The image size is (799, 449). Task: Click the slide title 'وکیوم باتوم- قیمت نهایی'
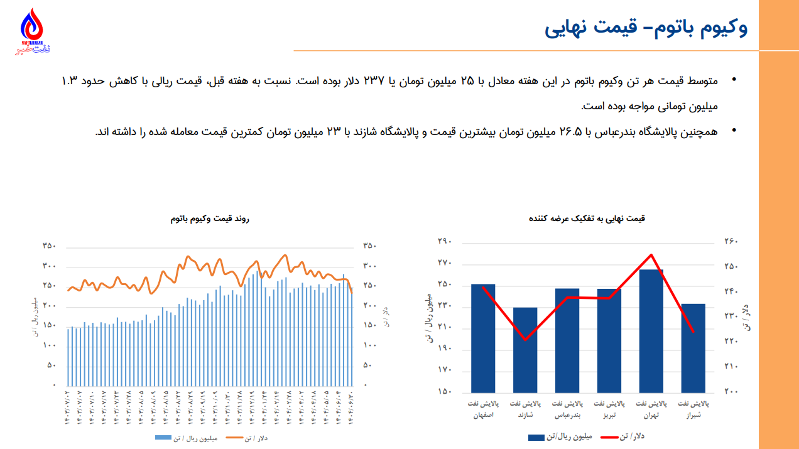pyautogui.click(x=646, y=28)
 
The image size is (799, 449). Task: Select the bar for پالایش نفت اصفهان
pyautogui.click(x=483, y=338)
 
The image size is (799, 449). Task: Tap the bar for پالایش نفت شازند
pyautogui.click(x=525, y=349)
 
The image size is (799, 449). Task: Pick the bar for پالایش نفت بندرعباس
pyautogui.click(x=567, y=340)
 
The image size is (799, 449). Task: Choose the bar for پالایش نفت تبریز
pyautogui.click(x=609, y=340)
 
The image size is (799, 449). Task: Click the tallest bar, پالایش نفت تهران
pyautogui.click(x=651, y=330)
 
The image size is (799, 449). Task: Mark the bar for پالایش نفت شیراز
pyautogui.click(x=693, y=348)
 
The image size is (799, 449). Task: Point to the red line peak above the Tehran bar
pyautogui.click(x=651, y=254)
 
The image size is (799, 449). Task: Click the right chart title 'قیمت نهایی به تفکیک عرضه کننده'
pyautogui.click(x=587, y=219)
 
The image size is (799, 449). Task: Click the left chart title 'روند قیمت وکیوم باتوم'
pyautogui.click(x=210, y=219)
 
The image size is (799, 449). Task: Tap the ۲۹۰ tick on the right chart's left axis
pyautogui.click(x=445, y=241)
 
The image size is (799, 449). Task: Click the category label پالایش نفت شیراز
pyautogui.click(x=693, y=409)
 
